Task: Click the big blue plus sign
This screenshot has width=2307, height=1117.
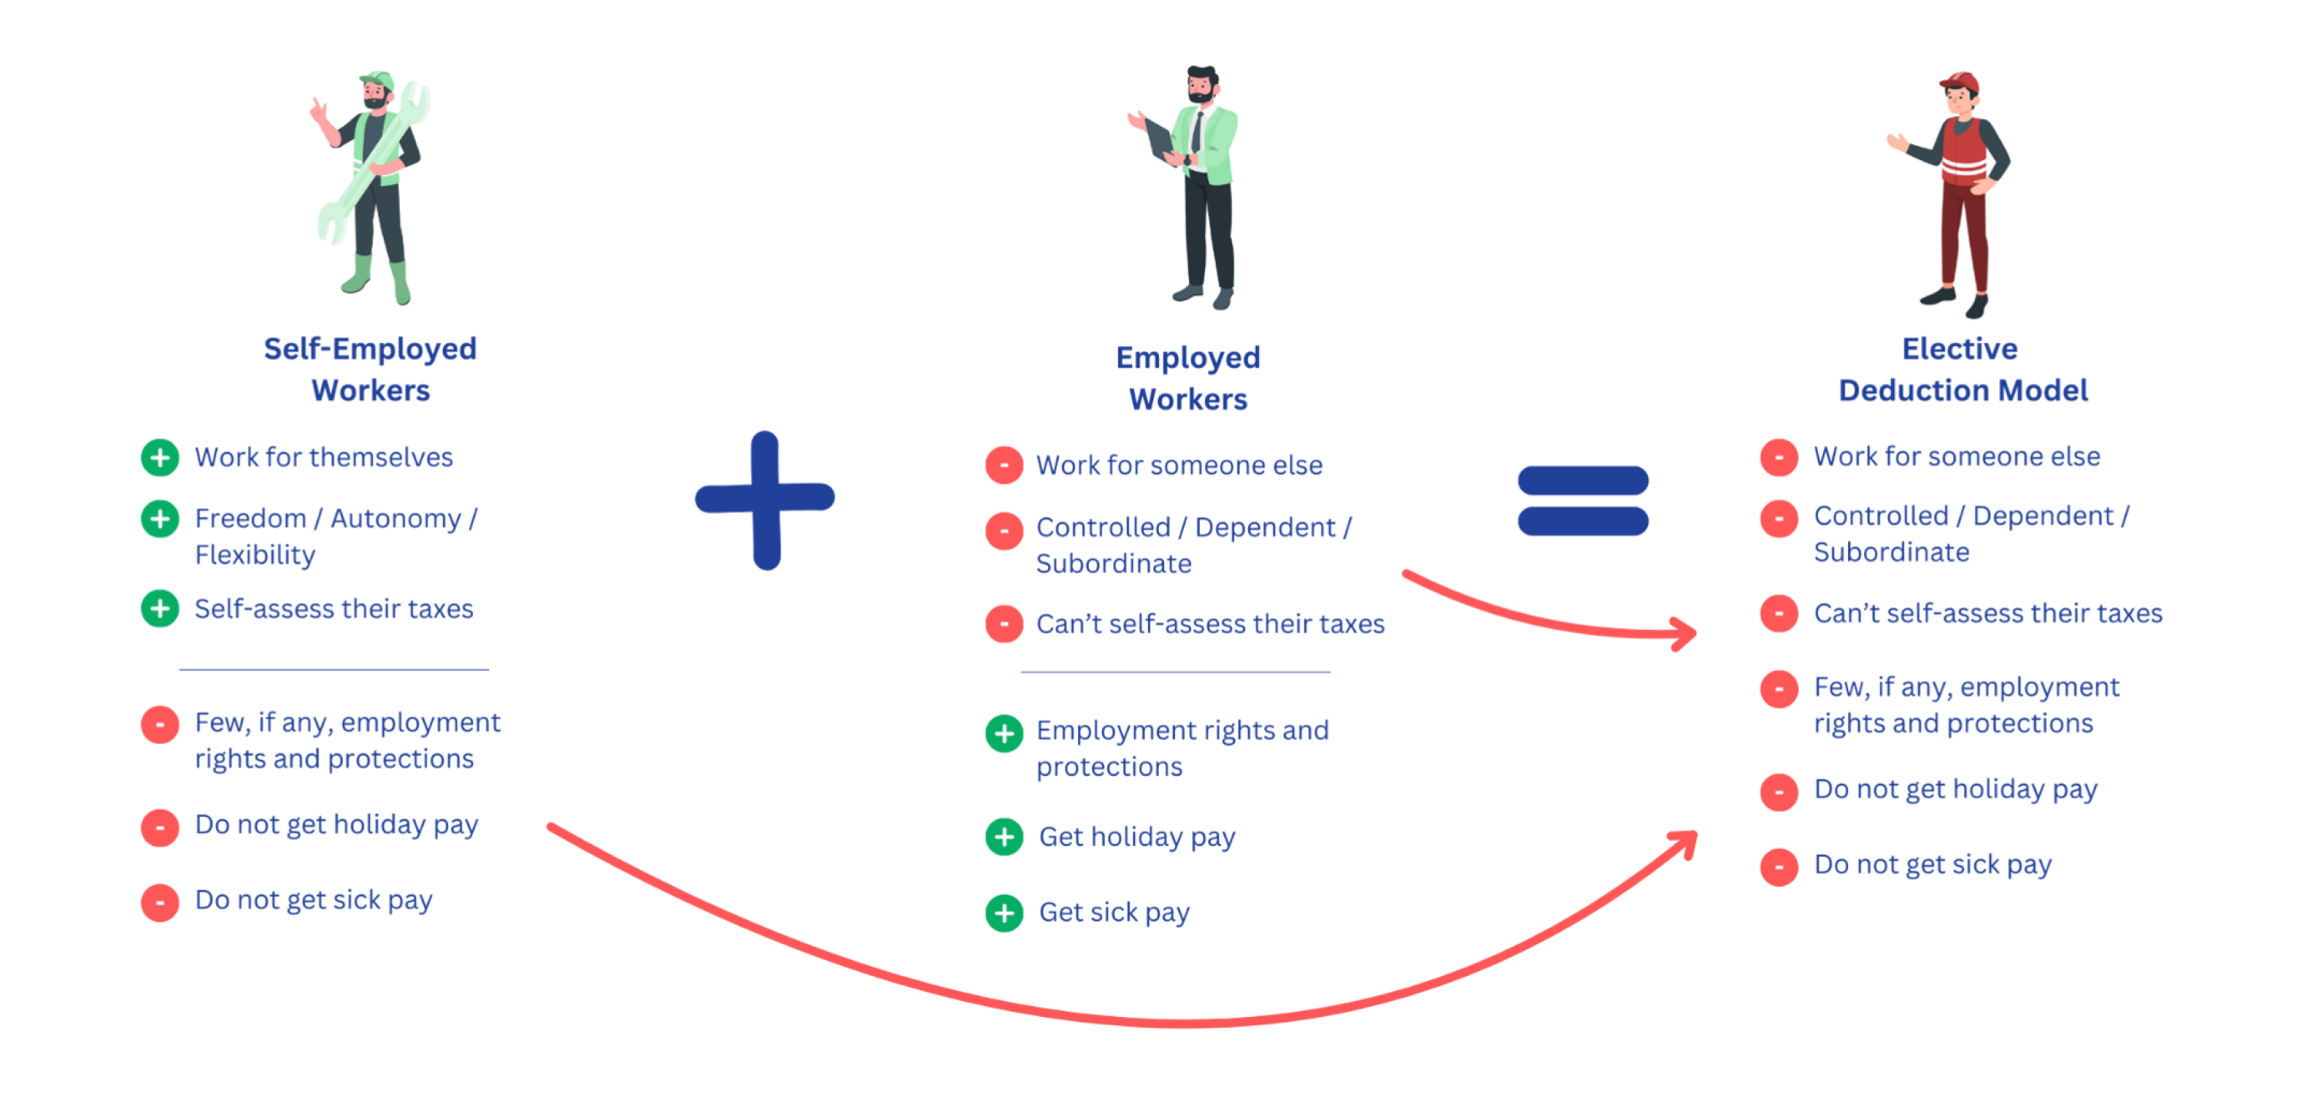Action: [x=766, y=500]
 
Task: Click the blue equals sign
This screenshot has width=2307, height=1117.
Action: [x=1582, y=501]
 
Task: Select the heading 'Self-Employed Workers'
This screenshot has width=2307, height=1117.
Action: [x=370, y=369]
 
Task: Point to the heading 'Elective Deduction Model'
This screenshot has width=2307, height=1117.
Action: [x=1961, y=369]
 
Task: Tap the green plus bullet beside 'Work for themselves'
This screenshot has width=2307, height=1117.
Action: [x=160, y=458]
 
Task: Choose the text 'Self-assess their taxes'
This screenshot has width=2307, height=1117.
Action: [x=333, y=610]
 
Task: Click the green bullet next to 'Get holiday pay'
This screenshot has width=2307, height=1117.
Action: [x=1004, y=837]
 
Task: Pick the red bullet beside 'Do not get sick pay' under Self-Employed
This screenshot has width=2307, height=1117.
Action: [x=160, y=902]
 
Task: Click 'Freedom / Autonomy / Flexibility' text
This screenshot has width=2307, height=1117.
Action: [x=335, y=535]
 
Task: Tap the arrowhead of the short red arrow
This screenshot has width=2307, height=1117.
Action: [x=1686, y=633]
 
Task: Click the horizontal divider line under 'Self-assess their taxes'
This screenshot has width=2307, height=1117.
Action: [x=333, y=669]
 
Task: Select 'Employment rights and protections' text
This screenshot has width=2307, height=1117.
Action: [x=1181, y=748]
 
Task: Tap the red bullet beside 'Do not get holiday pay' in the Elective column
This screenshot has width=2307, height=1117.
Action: [x=1779, y=792]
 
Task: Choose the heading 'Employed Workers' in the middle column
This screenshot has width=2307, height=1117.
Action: [x=1187, y=378]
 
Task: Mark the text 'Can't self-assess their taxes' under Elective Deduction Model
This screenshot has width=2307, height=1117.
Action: [x=1987, y=614]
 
